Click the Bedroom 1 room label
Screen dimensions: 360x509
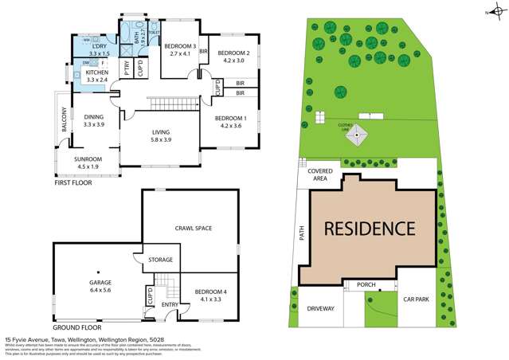click(229, 118)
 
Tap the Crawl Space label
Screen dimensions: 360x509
click(193, 229)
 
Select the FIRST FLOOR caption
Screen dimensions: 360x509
click(74, 183)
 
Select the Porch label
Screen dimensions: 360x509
click(366, 284)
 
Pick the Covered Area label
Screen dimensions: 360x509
click(320, 174)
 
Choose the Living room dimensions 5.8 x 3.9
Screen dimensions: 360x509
click(158, 139)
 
